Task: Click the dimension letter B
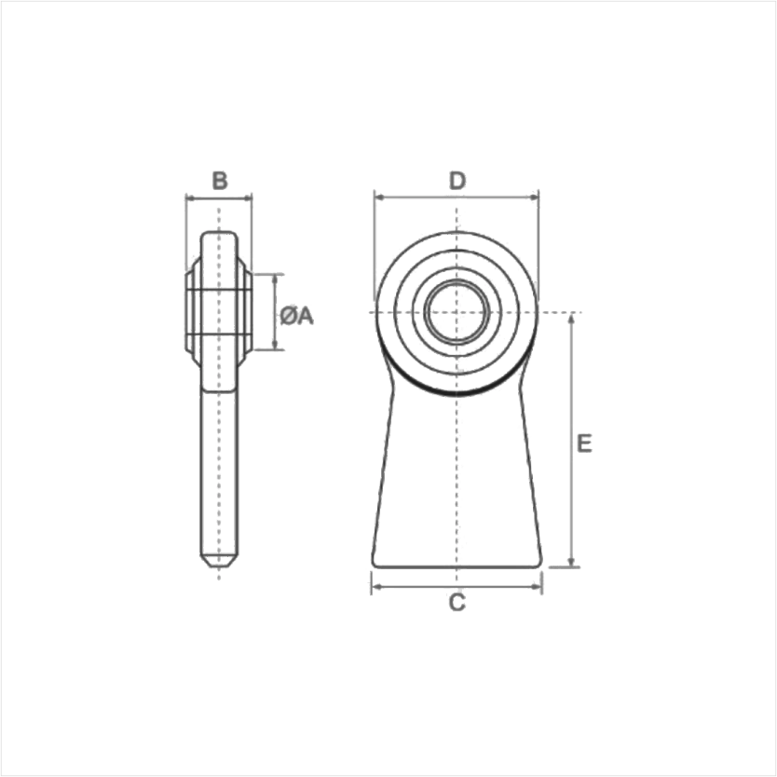click(220, 181)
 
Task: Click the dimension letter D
click(457, 181)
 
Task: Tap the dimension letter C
click(457, 603)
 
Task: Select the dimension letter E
click(585, 443)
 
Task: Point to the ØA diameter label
click(297, 316)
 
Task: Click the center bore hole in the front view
click(457, 312)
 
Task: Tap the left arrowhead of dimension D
click(379, 198)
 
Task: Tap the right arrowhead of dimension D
click(534, 198)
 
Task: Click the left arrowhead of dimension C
click(376, 587)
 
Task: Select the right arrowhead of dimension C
click(538, 587)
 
